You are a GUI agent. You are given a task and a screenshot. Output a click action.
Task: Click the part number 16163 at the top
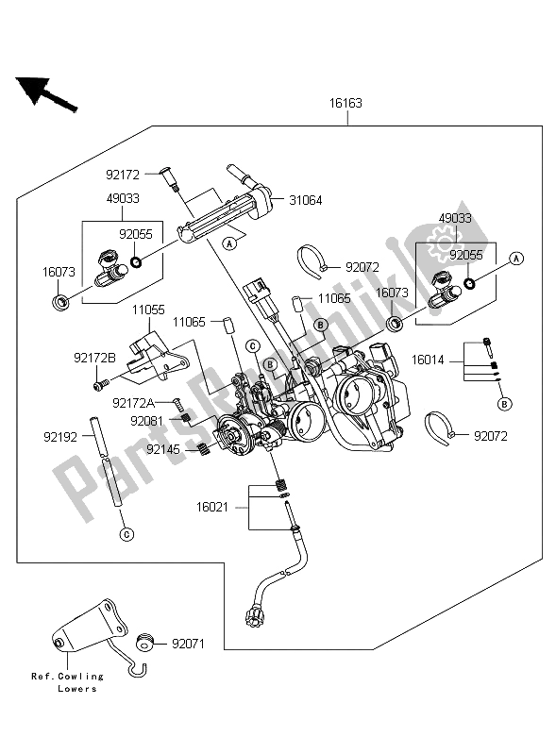coord(345,103)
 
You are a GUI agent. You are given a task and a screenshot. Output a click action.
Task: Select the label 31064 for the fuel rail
coord(306,200)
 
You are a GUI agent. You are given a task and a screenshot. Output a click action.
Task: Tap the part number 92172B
coord(94,358)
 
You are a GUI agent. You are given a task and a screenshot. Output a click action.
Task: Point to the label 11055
coord(148,310)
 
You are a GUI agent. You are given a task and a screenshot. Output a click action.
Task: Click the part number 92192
coord(60,437)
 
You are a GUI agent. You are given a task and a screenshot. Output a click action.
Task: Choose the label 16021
coord(212,507)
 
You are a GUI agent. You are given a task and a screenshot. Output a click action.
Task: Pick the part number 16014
coord(428,360)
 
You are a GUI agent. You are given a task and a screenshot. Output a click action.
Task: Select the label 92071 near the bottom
coord(188,644)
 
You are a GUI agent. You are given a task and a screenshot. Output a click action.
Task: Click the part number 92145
coord(163,449)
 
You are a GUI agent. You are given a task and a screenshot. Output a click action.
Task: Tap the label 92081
coord(146,421)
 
